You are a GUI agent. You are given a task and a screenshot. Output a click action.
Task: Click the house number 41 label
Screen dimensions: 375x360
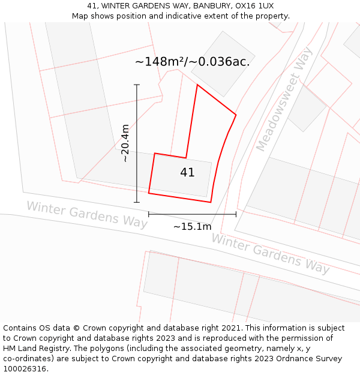tap(187, 173)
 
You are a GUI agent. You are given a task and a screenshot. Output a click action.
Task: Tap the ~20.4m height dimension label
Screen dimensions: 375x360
tap(125, 143)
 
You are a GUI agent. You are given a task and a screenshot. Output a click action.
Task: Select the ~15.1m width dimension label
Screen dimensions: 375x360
tap(192, 227)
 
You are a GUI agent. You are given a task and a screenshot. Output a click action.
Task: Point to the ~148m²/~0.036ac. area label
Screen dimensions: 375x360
tap(192, 62)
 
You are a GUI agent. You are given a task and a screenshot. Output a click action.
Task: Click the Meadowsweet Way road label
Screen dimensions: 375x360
tap(284, 100)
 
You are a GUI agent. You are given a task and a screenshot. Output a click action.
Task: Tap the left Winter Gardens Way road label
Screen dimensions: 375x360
tap(86, 214)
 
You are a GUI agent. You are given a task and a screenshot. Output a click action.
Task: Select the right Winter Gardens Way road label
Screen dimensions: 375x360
tap(270, 253)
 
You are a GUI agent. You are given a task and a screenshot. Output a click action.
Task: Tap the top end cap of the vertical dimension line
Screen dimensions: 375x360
tap(137, 85)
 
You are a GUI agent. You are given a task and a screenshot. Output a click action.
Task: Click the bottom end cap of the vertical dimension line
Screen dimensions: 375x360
tap(137, 202)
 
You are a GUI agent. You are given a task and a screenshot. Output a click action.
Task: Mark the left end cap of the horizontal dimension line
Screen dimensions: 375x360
tap(149, 214)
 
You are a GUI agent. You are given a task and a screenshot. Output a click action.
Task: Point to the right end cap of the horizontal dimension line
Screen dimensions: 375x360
tap(236, 214)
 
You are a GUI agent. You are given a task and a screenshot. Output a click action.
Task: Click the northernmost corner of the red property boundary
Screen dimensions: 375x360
tap(197, 85)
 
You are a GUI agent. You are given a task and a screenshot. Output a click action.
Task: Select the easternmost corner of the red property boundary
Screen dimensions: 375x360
tap(236, 115)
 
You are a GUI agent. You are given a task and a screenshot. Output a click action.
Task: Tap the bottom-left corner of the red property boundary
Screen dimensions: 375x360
tap(149, 193)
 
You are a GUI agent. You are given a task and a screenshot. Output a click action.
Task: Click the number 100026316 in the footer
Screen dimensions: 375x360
tap(25, 369)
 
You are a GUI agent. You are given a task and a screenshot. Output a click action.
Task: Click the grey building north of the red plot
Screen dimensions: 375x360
tap(215, 64)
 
